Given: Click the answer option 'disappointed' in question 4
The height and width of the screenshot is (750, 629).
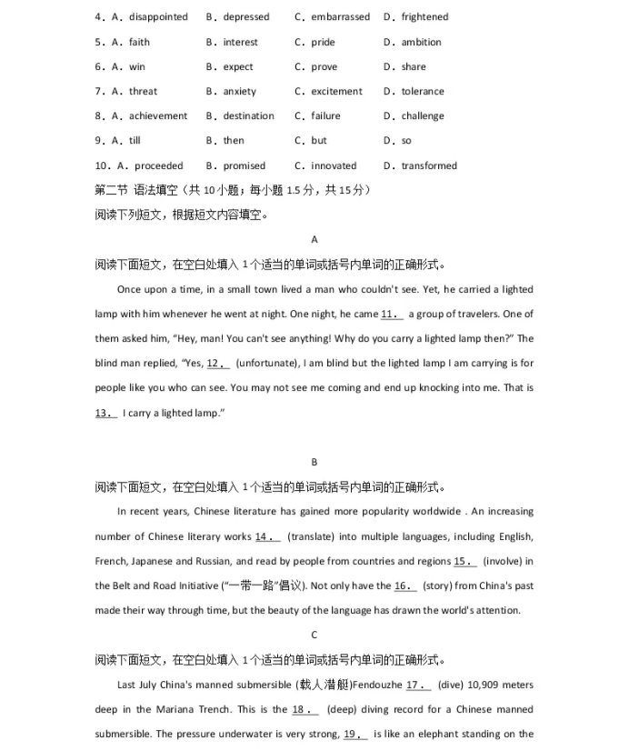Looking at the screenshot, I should point(158,17).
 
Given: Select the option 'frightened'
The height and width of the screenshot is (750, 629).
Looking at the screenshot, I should point(424,17).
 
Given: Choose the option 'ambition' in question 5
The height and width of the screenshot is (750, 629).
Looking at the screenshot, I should point(421,42).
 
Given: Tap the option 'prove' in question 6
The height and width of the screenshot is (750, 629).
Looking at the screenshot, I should point(324,66).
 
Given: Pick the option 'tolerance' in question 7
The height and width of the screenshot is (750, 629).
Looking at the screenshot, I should point(423,91).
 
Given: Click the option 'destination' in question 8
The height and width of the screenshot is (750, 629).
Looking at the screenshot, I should point(248,116).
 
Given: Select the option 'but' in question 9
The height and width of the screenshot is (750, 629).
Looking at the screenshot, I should point(318,141).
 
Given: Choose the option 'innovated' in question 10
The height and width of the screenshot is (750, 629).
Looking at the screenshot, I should point(334,165).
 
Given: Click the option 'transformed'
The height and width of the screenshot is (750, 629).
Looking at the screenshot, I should point(429,165).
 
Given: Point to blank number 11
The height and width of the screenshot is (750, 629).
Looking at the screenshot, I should point(392,315).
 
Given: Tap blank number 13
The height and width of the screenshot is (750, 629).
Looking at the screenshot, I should point(106,413).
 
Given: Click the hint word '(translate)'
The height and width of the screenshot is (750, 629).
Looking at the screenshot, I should point(312,536).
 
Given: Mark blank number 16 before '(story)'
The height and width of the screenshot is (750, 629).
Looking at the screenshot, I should point(405,585).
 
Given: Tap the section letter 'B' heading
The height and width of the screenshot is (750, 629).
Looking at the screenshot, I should point(314,462).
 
